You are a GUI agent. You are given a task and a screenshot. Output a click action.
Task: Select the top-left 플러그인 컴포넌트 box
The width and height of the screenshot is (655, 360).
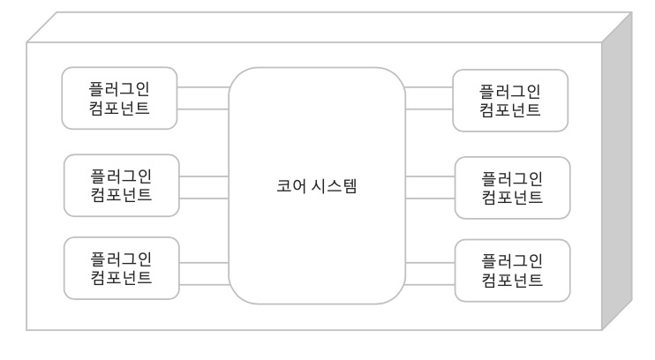click(x=120, y=98)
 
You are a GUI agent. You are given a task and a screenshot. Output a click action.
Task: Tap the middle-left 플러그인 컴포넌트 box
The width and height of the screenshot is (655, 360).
click(x=122, y=185)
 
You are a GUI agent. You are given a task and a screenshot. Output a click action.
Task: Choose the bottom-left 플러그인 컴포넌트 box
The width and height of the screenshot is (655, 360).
click(x=122, y=268)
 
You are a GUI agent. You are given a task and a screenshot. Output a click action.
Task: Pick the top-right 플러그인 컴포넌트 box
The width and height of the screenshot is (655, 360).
click(x=509, y=101)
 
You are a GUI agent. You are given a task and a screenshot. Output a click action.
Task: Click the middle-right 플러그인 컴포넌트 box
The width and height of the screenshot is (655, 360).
click(x=512, y=187)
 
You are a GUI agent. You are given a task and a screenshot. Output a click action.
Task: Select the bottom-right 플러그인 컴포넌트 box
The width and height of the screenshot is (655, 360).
click(x=512, y=270)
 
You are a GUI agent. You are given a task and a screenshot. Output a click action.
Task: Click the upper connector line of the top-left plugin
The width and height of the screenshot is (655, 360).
click(x=203, y=87)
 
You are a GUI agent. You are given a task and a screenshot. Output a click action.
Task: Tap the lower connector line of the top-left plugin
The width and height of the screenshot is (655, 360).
click(x=203, y=109)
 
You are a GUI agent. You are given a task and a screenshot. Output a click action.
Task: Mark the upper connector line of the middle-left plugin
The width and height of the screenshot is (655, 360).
click(x=204, y=176)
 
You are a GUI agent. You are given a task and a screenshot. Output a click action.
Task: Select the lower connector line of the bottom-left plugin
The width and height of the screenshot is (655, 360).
click(x=204, y=283)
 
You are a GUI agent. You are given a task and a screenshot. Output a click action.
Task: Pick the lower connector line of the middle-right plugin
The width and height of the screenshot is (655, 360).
click(x=430, y=199)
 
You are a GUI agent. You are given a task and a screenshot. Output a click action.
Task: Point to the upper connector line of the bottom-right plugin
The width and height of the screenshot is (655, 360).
click(x=430, y=262)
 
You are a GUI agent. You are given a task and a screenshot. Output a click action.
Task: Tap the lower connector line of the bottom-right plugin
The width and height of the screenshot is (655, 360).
click(x=430, y=283)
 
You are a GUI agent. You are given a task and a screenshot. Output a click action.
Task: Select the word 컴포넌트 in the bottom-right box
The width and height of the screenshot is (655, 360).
click(x=512, y=281)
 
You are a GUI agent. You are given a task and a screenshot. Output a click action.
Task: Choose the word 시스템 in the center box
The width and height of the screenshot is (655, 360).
click(x=336, y=187)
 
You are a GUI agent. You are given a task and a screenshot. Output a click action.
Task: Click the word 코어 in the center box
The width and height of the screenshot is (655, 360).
click(x=288, y=187)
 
